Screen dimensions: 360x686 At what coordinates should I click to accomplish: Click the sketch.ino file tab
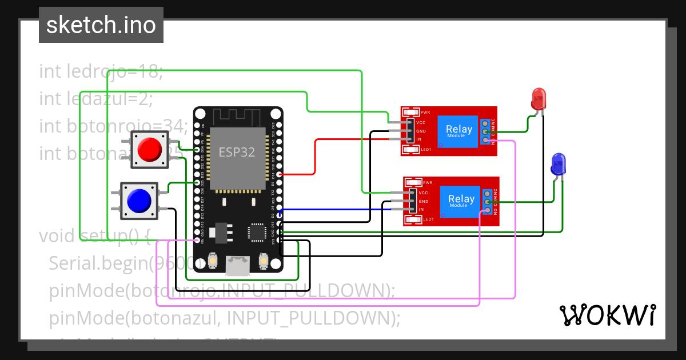pyautogui.click(x=101, y=25)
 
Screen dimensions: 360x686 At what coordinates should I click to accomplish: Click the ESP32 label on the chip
pyautogui.click(x=237, y=152)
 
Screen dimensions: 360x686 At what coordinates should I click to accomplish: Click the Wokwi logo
pyautogui.click(x=607, y=314)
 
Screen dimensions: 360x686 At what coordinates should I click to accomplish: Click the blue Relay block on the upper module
pyautogui.click(x=459, y=131)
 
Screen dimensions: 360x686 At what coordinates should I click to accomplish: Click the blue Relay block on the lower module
pyautogui.click(x=461, y=201)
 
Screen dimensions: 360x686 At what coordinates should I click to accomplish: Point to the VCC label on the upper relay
pyautogui.click(x=421, y=123)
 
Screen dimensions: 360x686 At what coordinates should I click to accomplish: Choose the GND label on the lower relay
pyautogui.click(x=423, y=201)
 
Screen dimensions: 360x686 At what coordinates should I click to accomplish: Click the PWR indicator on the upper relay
pyautogui.click(x=425, y=112)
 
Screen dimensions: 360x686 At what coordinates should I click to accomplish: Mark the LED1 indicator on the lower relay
pyautogui.click(x=427, y=219)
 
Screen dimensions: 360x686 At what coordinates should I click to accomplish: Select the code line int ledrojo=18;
pyautogui.click(x=101, y=72)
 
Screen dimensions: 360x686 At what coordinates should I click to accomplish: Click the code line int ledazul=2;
pyautogui.click(x=96, y=99)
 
